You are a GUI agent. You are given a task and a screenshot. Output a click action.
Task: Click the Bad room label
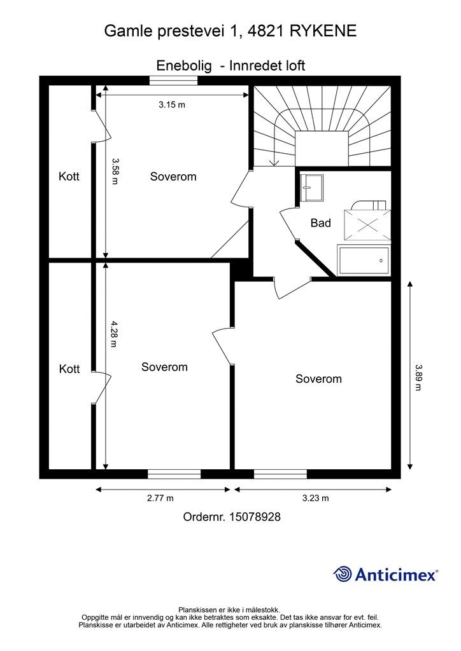(320, 223)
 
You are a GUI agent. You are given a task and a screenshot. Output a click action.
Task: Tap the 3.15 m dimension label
(172, 105)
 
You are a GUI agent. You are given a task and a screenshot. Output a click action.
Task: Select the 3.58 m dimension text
(115, 171)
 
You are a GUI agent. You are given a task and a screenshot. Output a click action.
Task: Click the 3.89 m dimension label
(418, 378)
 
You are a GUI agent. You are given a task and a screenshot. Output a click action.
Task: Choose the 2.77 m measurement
(160, 498)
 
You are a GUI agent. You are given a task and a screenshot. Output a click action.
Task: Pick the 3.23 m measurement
(316, 498)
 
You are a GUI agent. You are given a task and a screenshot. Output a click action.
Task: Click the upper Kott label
(69, 177)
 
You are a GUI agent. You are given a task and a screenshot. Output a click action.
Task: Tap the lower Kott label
(69, 369)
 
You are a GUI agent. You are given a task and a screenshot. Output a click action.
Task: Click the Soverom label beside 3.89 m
(318, 379)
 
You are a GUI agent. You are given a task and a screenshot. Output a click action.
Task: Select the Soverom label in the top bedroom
(173, 177)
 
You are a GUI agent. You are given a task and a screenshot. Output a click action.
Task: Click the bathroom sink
(311, 188)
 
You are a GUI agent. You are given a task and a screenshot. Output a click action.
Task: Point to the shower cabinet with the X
(367, 225)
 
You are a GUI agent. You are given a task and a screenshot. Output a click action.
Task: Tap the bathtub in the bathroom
(364, 260)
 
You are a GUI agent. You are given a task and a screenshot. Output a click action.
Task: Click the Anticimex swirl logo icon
(343, 574)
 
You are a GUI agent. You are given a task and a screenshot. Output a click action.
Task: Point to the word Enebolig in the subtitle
(184, 65)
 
